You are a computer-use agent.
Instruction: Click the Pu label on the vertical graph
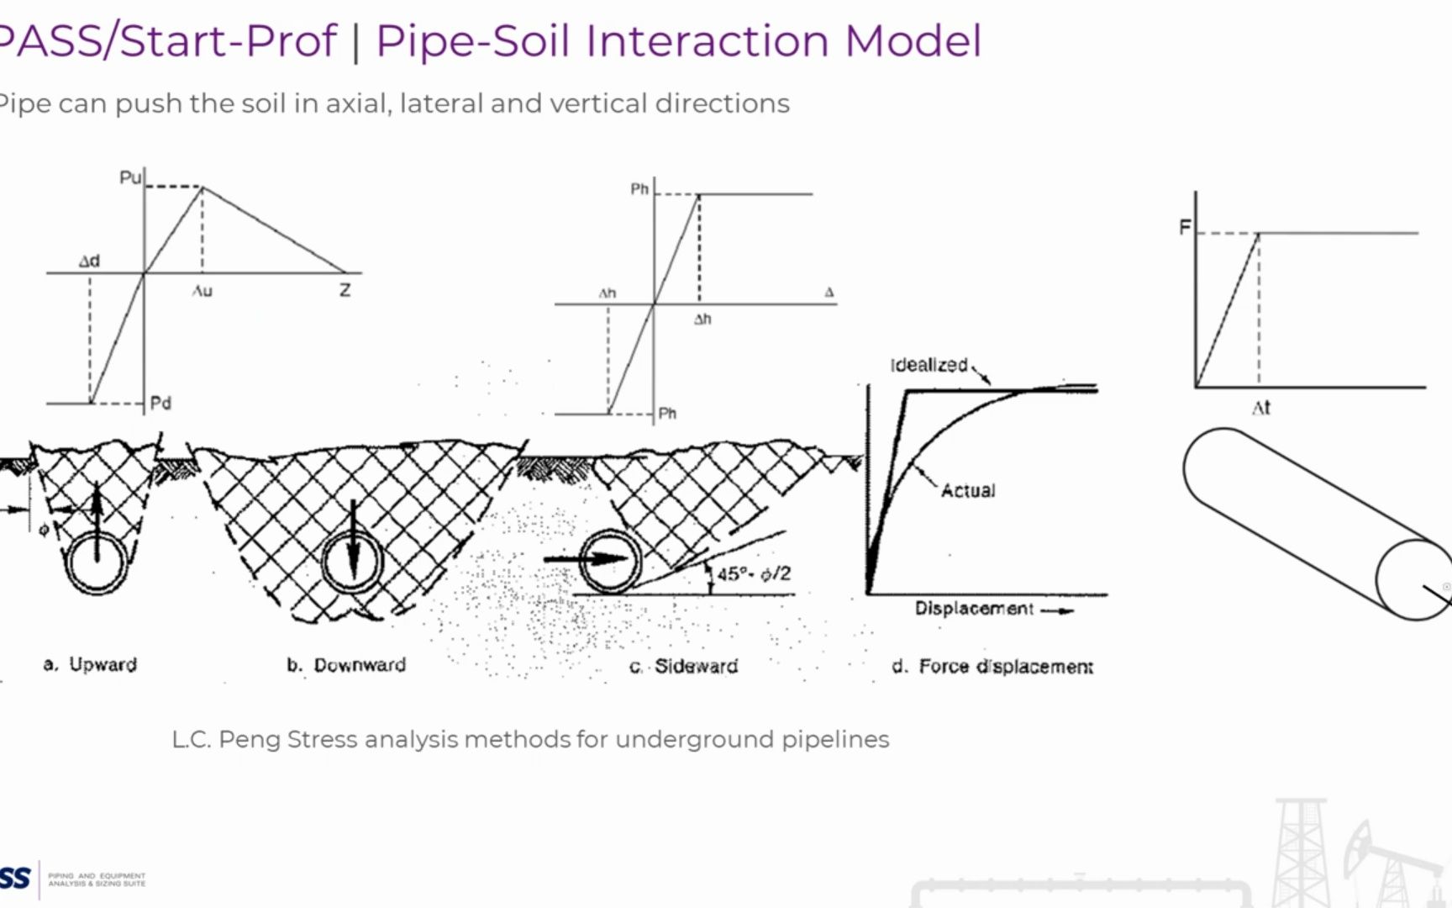(129, 177)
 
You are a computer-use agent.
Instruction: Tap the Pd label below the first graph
(160, 404)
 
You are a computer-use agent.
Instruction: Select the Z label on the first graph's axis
(345, 291)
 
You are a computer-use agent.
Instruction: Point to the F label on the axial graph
(1185, 227)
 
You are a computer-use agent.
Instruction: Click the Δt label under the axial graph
(1260, 409)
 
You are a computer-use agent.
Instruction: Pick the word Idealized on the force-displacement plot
(929, 365)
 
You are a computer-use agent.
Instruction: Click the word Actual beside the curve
(968, 490)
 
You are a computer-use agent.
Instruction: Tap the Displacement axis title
(974, 608)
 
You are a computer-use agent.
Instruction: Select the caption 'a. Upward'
(90, 664)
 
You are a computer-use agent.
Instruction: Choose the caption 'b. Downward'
(346, 665)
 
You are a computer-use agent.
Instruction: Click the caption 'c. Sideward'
(683, 666)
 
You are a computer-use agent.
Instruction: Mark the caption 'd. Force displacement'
(992, 667)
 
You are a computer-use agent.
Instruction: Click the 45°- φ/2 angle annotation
(753, 573)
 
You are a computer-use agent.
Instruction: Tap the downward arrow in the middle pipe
(353, 542)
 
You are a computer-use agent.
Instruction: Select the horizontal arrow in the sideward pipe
(586, 559)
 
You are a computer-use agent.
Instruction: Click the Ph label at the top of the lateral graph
(639, 189)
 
